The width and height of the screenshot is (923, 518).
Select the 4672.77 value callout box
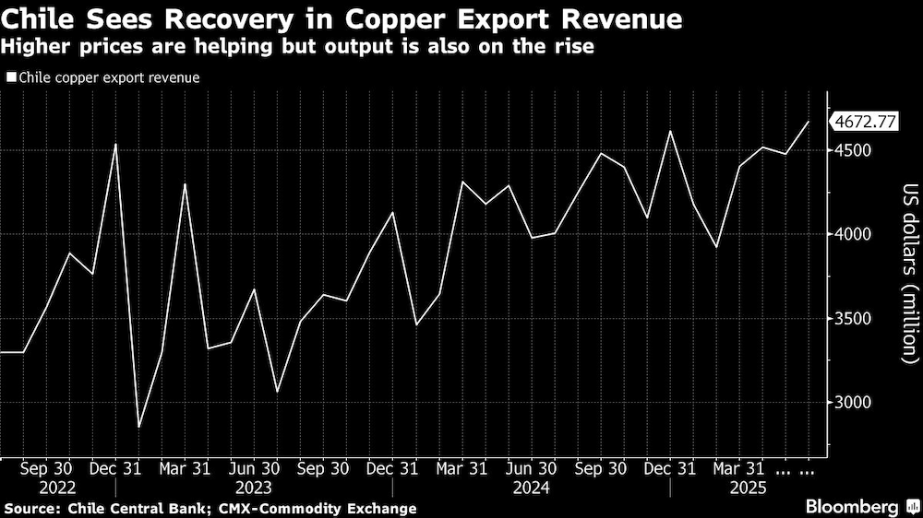pyautogui.click(x=865, y=121)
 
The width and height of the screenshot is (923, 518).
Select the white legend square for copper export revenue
pyautogui.click(x=10, y=77)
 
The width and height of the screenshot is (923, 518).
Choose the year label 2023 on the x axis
pyautogui.click(x=253, y=486)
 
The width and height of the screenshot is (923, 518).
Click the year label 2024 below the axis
pyautogui.click(x=531, y=486)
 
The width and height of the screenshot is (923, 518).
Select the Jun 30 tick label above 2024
pyautogui.click(x=532, y=467)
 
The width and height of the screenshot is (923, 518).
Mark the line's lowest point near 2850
pyautogui.click(x=139, y=427)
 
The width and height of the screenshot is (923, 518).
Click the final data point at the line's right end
pyautogui.click(x=809, y=121)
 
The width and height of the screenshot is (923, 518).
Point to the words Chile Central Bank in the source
pyautogui.click(x=111, y=508)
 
